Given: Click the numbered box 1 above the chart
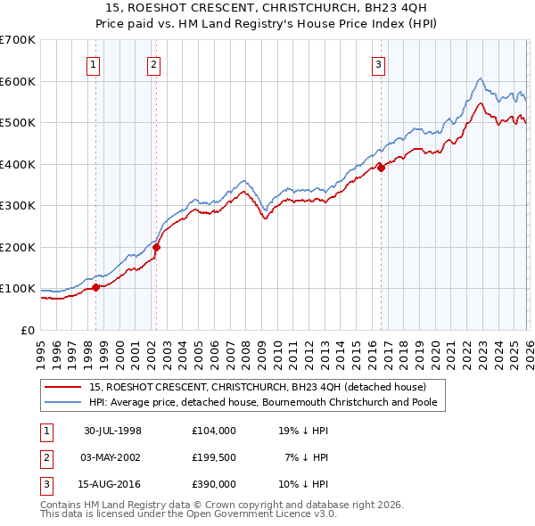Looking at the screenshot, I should pyautogui.click(x=94, y=63).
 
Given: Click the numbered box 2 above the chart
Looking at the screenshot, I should pyautogui.click(x=153, y=63).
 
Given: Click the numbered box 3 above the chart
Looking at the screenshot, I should pyautogui.click(x=378, y=63).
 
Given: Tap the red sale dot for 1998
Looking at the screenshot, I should pyautogui.click(x=96, y=287).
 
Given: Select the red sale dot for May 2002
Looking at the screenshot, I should pyautogui.click(x=156, y=247).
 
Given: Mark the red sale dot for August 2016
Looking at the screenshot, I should pyautogui.click(x=381, y=168).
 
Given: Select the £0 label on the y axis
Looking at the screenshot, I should pyautogui.click(x=29, y=330).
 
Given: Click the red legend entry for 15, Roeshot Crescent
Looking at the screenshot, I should pyautogui.click(x=258, y=387).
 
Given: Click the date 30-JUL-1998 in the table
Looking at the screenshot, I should pyautogui.click(x=112, y=430).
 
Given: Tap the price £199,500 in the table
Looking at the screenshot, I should pyautogui.click(x=214, y=457).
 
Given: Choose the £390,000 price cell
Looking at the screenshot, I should pyautogui.click(x=214, y=485).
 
